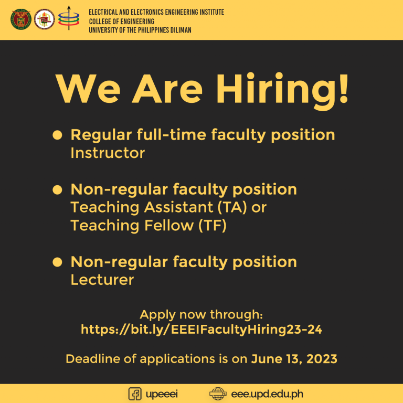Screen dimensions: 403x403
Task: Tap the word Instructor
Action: pos(108,153)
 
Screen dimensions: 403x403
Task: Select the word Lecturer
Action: pos(102,280)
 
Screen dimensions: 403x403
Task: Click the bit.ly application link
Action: pos(201,330)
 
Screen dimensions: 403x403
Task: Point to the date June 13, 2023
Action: pos(294,359)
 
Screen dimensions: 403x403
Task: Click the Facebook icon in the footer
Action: pos(135,394)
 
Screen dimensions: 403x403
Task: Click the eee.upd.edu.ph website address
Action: pos(267,394)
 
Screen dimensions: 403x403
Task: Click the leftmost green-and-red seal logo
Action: pos(20,19)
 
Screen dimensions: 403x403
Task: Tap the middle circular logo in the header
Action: pos(45,19)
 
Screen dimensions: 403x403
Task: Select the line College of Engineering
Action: pos(122,21)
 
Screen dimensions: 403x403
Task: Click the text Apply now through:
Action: pos(201,315)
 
